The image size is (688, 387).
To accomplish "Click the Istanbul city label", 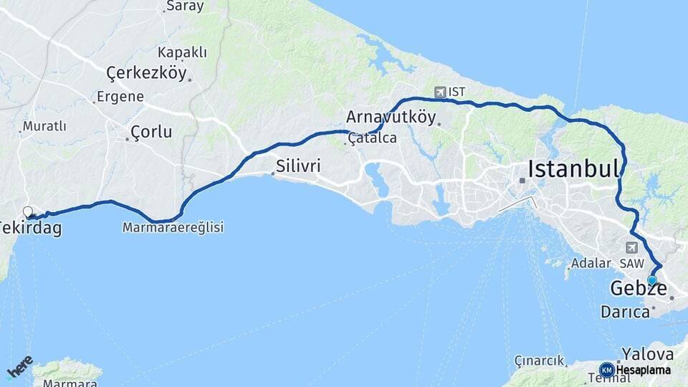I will click(x=573, y=169).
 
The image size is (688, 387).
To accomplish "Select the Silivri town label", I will click(x=297, y=166).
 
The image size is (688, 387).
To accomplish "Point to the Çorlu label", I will click(x=151, y=132).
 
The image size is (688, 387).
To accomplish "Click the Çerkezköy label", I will click(x=146, y=73).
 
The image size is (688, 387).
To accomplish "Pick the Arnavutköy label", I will click(x=391, y=117).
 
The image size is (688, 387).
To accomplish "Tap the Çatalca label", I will click(x=373, y=138).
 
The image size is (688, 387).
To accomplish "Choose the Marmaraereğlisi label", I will click(x=173, y=227).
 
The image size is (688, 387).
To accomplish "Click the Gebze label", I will click(x=638, y=289).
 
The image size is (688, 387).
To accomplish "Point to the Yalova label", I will click(x=647, y=354).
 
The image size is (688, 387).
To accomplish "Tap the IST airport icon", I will click(x=440, y=92).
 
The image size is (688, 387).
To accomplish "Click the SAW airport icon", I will click(x=631, y=248).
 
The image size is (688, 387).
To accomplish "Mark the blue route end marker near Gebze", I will click(x=652, y=280).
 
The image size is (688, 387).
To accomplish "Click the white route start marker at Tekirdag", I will click(x=28, y=211).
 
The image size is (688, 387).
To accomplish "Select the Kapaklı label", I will click(x=182, y=52).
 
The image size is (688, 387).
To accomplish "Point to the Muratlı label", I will click(x=44, y=126).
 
